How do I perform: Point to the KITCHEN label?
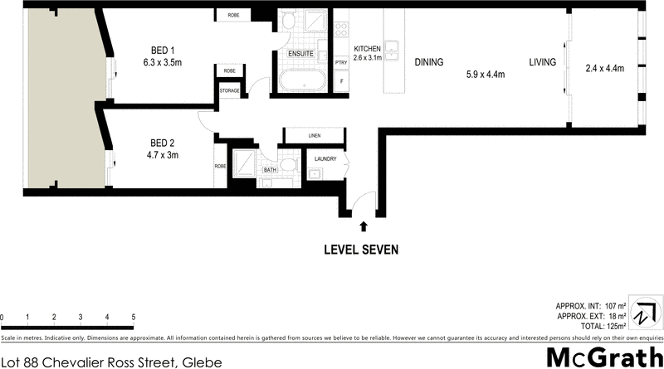pyautogui.click(x=367, y=47)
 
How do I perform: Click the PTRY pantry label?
pyautogui.click(x=340, y=63)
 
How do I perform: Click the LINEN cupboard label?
pyautogui.click(x=314, y=135)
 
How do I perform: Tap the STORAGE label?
pyautogui.click(x=231, y=90)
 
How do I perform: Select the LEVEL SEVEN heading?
pyautogui.click(x=361, y=249)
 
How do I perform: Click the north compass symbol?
pyautogui.click(x=644, y=316)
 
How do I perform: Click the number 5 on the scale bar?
pyautogui.click(x=133, y=318)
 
